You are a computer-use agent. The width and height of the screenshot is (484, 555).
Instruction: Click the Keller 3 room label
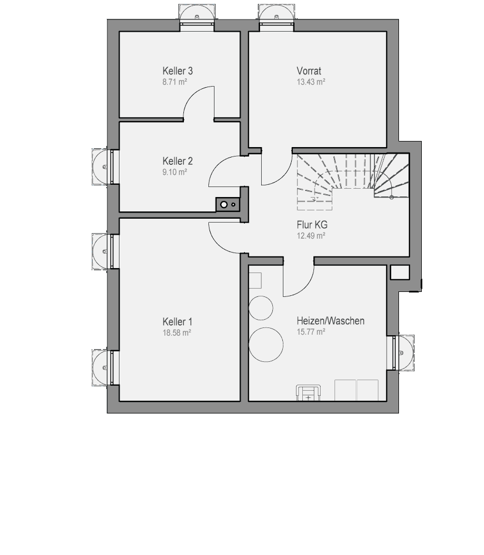click(177, 71)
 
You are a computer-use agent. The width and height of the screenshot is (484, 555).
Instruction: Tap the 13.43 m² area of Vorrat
click(311, 82)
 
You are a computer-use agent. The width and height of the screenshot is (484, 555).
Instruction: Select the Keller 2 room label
click(177, 161)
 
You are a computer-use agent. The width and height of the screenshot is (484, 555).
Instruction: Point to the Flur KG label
click(312, 225)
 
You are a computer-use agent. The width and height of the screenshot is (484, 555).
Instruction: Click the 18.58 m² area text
click(177, 332)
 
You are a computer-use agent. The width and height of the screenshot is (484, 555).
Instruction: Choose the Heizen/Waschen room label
click(331, 321)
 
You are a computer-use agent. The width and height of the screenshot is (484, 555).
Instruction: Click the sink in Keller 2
click(228, 204)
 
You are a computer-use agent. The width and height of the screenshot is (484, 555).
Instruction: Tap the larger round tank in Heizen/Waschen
click(266, 345)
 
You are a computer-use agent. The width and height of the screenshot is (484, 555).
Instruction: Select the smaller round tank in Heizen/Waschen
click(261, 308)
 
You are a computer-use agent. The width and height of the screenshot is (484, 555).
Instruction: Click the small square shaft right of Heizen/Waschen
click(400, 272)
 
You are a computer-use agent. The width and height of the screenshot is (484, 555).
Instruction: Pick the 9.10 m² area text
click(174, 172)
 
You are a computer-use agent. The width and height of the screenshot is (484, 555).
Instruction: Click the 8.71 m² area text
click(174, 82)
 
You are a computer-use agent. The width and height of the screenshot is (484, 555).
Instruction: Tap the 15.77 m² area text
click(311, 332)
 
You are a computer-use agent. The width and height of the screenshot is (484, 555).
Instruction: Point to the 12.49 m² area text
click(311, 236)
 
